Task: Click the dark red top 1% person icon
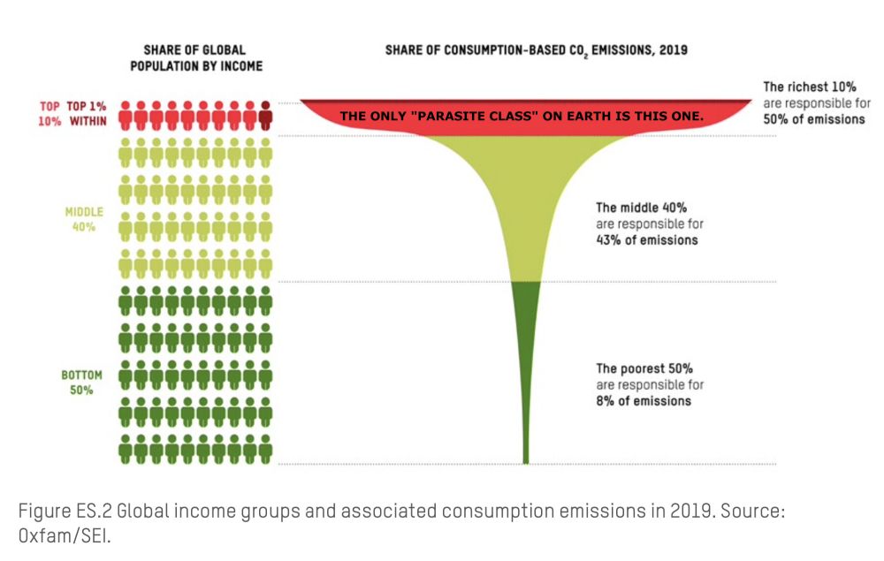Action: tap(266, 115)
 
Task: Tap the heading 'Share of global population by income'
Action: tap(196, 58)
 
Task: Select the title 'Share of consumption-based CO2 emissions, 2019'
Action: tap(536, 51)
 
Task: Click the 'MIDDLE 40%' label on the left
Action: tap(84, 219)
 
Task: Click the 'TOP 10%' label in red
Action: tap(50, 114)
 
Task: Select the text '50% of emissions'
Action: tap(813, 119)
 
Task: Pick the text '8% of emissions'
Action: tap(644, 400)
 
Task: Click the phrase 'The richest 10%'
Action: tap(810, 87)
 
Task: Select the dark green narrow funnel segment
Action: tap(526, 353)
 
